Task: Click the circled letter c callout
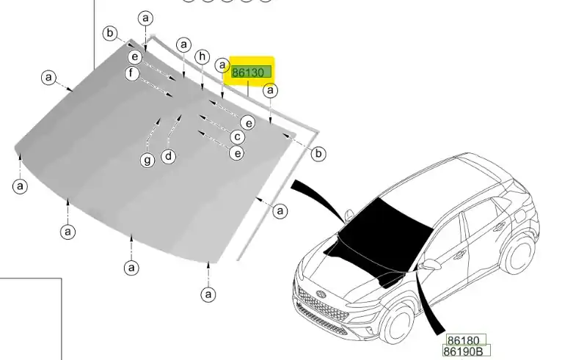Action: tap(238, 137)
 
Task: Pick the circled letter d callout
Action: tap(168, 156)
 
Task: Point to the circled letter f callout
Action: tap(131, 73)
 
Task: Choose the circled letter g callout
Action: tap(147, 160)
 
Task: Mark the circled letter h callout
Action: tap(202, 56)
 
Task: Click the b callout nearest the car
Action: tap(318, 153)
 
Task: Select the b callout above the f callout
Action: tap(110, 33)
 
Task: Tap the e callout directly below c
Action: tap(237, 153)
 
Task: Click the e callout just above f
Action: tap(135, 56)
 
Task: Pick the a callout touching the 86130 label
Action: tap(222, 65)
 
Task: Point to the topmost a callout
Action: tap(145, 18)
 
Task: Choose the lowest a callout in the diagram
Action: tap(208, 294)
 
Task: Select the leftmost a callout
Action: tap(20, 185)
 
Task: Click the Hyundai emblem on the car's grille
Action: tap(321, 293)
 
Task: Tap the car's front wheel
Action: tap(396, 323)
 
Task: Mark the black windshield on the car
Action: tap(384, 227)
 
